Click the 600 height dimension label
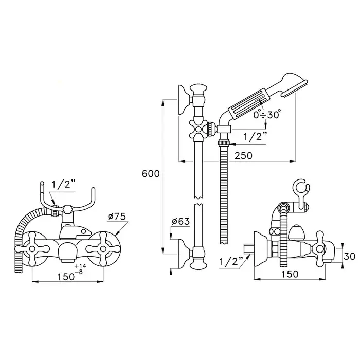point(151,174)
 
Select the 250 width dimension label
point(243,155)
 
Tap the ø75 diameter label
point(117,217)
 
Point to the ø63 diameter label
point(181,221)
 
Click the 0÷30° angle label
point(267,115)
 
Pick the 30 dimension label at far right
point(350,256)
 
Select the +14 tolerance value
point(80,266)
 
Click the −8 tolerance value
point(79,272)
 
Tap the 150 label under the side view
point(290,274)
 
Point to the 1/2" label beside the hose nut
point(255,137)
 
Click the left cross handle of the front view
point(32,248)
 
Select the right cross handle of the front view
point(103,248)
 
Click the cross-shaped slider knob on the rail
point(198,129)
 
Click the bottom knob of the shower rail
point(199,264)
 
